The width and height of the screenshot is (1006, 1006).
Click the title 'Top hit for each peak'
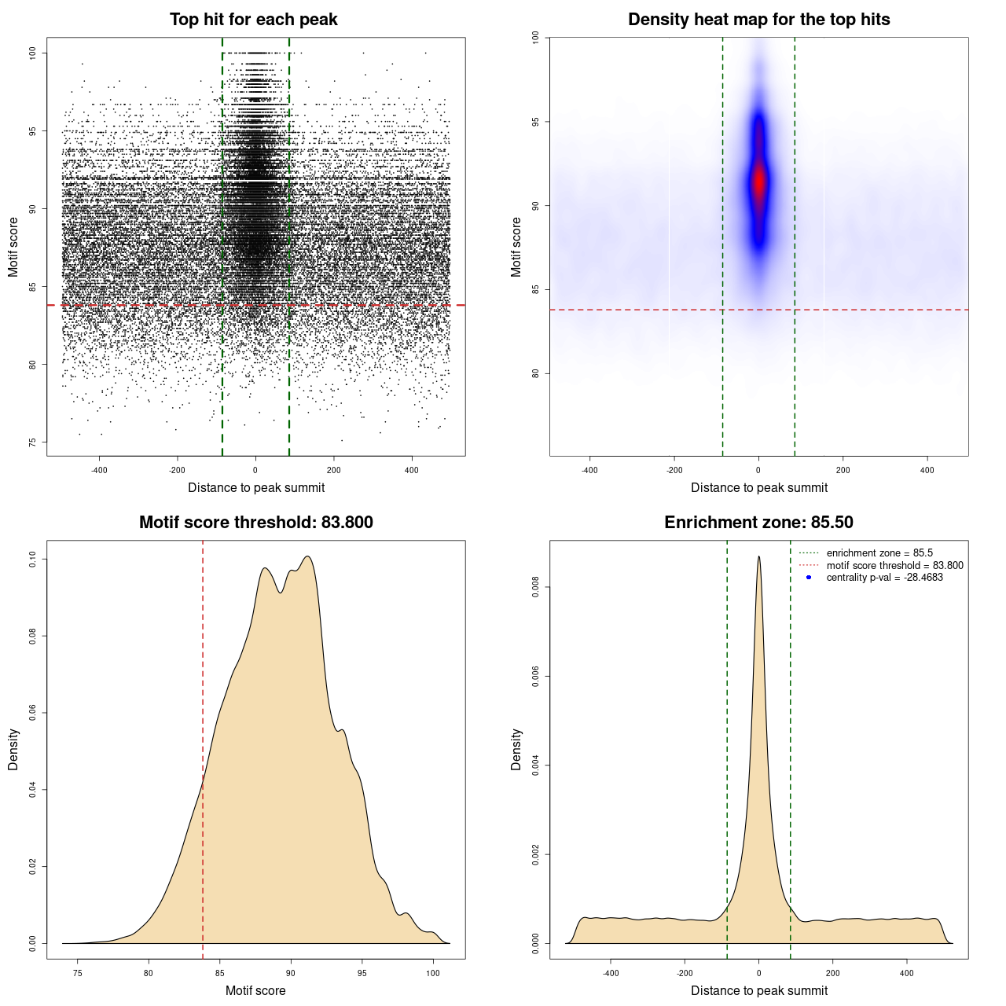[x=253, y=20]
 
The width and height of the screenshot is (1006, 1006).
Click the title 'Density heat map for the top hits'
[x=758, y=20]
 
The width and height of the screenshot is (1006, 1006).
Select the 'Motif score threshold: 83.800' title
[x=255, y=523]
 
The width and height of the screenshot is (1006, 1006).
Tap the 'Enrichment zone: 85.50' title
[x=758, y=523]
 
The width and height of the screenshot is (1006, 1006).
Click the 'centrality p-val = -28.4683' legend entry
[x=884, y=578]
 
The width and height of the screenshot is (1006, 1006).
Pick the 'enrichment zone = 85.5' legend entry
[x=879, y=553]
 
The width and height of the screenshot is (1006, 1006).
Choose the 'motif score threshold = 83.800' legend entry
[x=894, y=566]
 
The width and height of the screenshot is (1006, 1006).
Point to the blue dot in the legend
[x=809, y=578]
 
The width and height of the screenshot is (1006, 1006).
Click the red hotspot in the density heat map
[x=758, y=182]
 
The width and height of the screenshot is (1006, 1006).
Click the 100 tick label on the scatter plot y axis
[x=32, y=53]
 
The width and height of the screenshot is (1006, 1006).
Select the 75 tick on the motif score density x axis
[x=77, y=974]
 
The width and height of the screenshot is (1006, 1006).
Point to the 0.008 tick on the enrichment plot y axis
[x=535, y=587]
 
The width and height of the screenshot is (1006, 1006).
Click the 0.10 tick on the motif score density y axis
[x=32, y=559]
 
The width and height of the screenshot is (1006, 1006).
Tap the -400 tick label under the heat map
[x=589, y=471]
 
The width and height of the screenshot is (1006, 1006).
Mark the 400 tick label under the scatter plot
[x=412, y=471]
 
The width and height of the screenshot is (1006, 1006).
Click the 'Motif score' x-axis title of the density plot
[x=255, y=990]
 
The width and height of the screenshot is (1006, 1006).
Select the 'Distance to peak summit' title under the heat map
[x=758, y=487]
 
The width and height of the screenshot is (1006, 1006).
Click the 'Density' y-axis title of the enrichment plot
[x=516, y=749]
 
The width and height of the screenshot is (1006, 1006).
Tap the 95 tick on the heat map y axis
[x=535, y=122]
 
